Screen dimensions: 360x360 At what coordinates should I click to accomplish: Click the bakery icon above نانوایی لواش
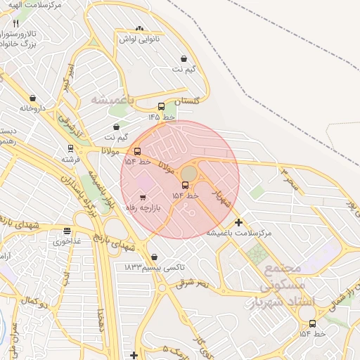click(139, 29)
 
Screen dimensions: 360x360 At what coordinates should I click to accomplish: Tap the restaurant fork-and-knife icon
click(16, 23)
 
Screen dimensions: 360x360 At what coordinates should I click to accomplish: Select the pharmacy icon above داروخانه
click(32, 98)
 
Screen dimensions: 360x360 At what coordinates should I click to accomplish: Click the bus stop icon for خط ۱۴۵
click(161, 107)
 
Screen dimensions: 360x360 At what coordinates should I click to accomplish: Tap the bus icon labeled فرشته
click(70, 148)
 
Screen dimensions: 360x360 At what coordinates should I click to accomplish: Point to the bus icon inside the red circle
click(185, 185)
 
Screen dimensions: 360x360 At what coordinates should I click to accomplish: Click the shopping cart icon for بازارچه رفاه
click(143, 198)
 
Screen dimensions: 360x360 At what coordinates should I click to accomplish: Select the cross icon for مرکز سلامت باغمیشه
click(239, 222)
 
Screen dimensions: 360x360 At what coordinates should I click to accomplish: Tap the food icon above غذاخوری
click(67, 231)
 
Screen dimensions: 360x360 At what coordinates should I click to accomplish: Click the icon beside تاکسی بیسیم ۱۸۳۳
click(154, 257)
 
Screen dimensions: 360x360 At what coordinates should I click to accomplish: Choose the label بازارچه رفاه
click(143, 208)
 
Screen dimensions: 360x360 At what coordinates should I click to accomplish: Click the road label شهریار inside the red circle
click(221, 198)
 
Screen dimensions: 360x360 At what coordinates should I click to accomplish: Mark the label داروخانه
click(32, 108)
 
